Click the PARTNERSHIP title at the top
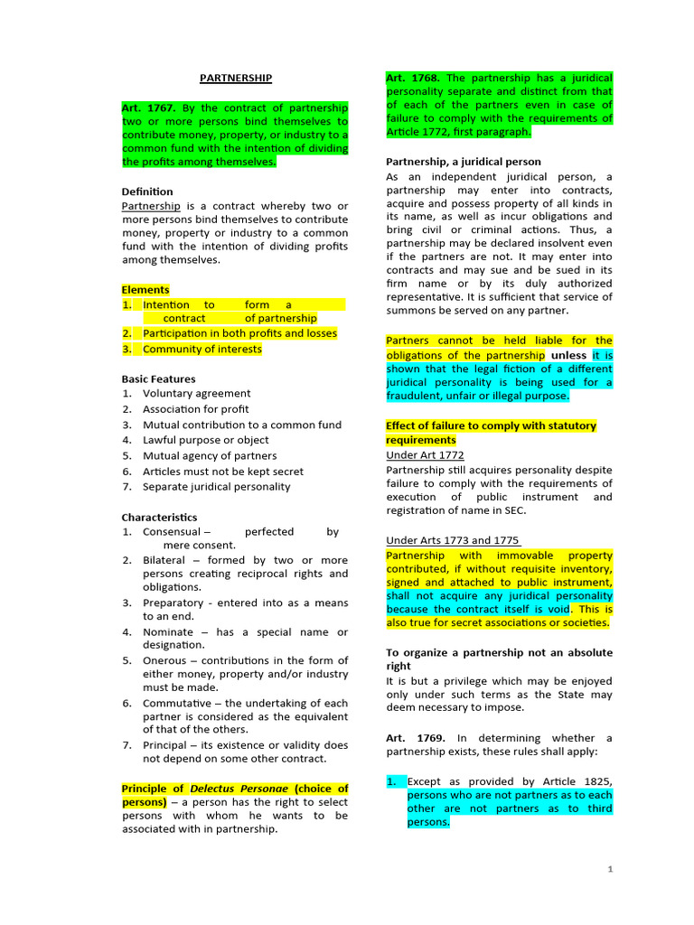(x=235, y=79)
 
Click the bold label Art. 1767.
(x=148, y=107)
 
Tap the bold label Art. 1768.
(x=413, y=79)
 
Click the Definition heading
(x=147, y=192)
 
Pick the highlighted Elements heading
(x=145, y=290)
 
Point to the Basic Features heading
(x=158, y=378)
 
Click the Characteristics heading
(x=159, y=518)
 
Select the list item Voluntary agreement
(x=197, y=394)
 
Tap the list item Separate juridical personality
(x=217, y=487)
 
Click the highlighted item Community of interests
(x=202, y=349)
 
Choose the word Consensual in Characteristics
(x=172, y=532)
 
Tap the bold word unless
(x=569, y=355)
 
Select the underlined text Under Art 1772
(x=425, y=455)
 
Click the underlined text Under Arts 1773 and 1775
(x=452, y=540)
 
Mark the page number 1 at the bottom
(x=610, y=869)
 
